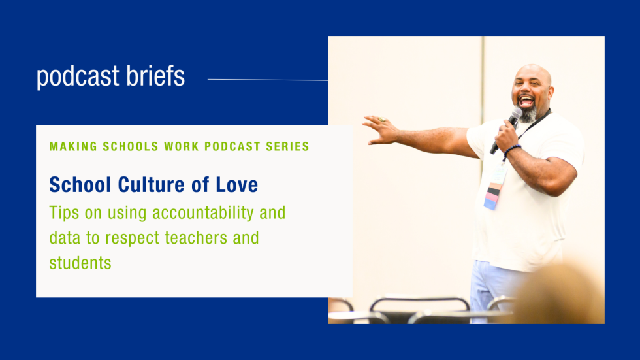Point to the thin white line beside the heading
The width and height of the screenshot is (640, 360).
[x=267, y=80]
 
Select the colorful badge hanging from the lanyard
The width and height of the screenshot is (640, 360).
[x=494, y=194]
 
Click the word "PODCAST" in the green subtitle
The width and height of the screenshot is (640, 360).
[x=232, y=146]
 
